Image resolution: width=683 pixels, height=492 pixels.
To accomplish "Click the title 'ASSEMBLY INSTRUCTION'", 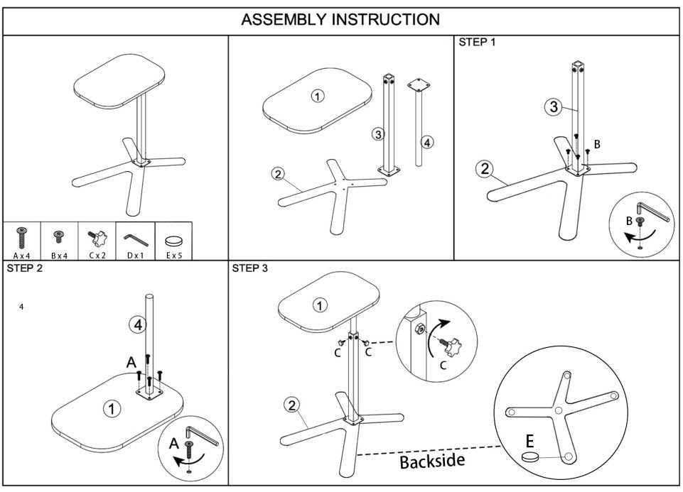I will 340,19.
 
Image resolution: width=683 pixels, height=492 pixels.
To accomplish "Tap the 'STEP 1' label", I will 477,43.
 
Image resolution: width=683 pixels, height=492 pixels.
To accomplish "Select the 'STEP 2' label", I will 26,268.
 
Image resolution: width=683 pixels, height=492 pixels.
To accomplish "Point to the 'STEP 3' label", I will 250,268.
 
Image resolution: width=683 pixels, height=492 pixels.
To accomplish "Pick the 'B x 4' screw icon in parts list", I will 59,236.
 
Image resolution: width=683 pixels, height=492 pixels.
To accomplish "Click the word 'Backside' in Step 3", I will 432,461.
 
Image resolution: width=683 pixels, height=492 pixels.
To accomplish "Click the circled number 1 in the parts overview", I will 318,96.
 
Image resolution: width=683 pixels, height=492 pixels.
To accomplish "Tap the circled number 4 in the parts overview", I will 427,142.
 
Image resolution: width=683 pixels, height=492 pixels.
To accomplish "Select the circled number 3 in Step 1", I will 553,107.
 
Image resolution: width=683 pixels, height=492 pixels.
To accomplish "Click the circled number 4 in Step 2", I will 138,324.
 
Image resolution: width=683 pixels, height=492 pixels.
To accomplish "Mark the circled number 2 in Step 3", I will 291,405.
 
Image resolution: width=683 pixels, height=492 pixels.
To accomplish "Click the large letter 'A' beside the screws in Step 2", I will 131,363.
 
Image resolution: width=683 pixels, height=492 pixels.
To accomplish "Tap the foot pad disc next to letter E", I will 529,457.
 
